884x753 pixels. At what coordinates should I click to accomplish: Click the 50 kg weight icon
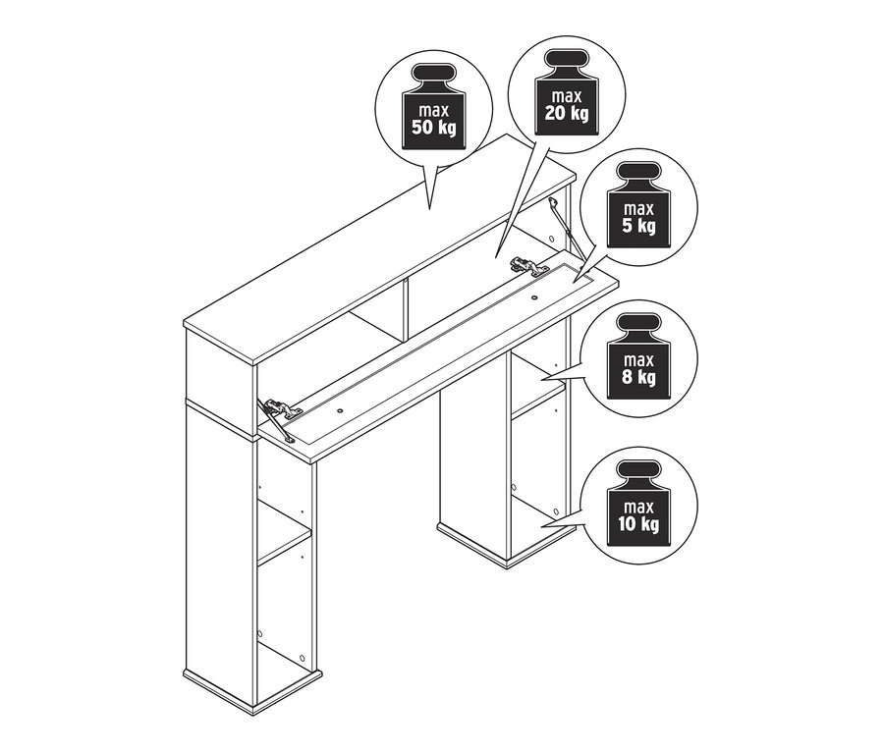(x=433, y=107)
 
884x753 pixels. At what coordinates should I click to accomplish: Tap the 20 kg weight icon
(x=567, y=92)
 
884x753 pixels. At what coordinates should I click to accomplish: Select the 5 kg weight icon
(x=638, y=205)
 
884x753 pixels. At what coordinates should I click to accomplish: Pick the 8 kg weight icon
(x=638, y=356)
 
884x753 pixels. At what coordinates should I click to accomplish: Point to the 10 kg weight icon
(x=638, y=504)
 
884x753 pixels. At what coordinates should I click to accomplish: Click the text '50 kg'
(x=433, y=128)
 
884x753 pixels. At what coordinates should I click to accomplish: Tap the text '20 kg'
(x=567, y=113)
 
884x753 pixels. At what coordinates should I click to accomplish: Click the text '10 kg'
(x=638, y=524)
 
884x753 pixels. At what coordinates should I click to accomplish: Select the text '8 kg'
(x=638, y=377)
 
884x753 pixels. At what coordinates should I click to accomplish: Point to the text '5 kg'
(x=638, y=226)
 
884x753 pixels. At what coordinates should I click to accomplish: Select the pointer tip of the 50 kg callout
(x=429, y=209)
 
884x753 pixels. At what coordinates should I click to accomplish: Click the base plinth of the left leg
(x=252, y=689)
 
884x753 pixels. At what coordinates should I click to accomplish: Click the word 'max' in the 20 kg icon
(x=567, y=97)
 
